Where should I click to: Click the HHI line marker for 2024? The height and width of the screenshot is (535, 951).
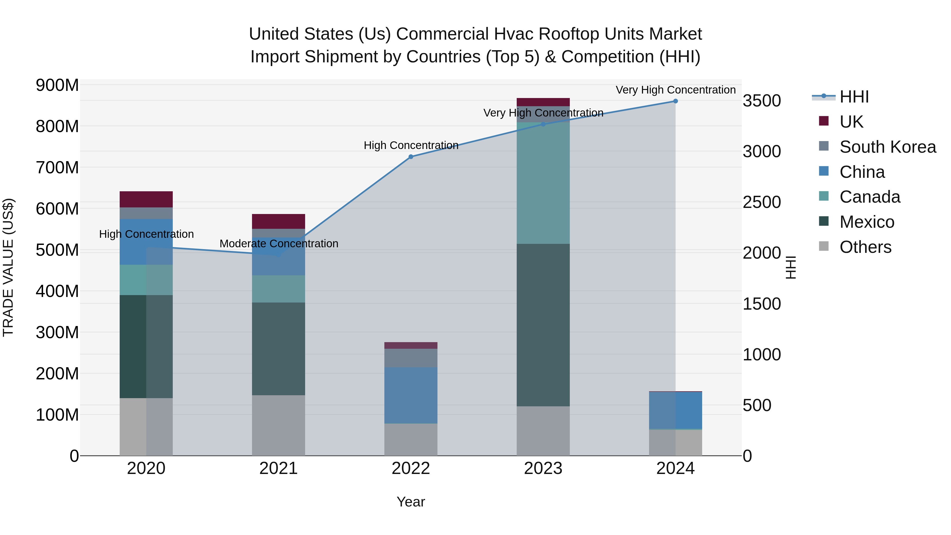[675, 101]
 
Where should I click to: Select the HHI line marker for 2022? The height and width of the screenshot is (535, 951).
[411, 157]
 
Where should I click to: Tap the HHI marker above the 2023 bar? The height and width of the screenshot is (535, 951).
[543, 124]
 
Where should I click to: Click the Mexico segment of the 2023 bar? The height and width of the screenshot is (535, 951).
[543, 325]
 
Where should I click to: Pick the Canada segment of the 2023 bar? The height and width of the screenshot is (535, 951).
[543, 183]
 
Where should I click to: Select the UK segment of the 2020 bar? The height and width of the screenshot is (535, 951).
[146, 199]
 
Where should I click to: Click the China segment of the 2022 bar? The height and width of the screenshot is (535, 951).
[411, 395]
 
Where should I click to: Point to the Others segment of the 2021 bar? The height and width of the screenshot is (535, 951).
[278, 425]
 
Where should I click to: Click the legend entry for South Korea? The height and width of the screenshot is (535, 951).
[888, 147]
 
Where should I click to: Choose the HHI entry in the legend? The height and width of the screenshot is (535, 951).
[854, 97]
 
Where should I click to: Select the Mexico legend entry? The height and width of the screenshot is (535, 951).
[866, 222]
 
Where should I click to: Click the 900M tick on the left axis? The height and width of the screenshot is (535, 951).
[57, 85]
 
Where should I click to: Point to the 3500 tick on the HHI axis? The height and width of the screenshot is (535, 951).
[762, 101]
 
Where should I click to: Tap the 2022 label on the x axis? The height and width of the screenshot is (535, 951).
[411, 468]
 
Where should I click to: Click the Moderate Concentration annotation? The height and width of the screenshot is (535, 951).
[279, 244]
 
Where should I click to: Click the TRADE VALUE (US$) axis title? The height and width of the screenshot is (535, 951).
[8, 267]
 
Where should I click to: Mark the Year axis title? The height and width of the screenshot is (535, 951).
[411, 502]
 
